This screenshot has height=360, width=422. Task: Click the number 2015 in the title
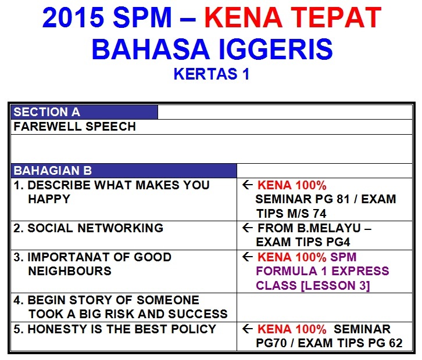coord(73,17)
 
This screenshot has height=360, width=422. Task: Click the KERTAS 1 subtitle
coord(212,74)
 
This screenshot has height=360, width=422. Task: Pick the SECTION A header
coord(47,112)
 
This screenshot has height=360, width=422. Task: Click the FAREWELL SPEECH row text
coord(75,127)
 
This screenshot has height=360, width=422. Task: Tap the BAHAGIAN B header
coord(53,171)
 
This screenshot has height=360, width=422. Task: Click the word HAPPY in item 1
coord(49,199)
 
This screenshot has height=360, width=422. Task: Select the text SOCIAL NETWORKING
coord(95,228)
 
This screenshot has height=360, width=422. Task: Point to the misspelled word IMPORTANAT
coord(69,257)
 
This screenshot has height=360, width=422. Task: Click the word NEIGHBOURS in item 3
coord(70,271)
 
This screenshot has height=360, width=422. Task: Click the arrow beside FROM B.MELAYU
coord(248,228)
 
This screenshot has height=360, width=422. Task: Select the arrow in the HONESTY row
coord(248,329)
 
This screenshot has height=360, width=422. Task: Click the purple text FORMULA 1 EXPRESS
coord(323,271)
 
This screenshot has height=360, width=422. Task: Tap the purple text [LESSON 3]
coord(335,285)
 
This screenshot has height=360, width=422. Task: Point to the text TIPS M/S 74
coord(291,214)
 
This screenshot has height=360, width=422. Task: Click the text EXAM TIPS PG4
coord(303,242)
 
